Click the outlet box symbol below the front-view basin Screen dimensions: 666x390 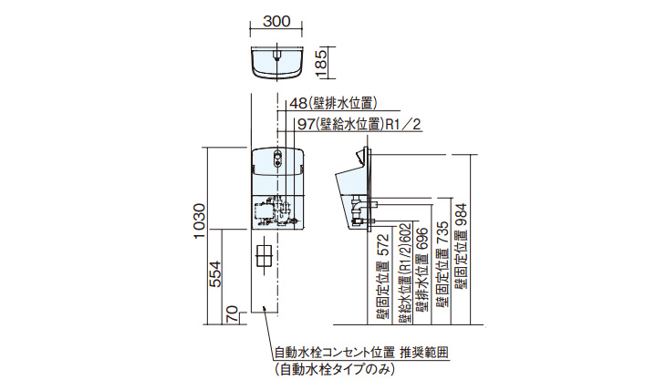[x=265, y=254]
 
